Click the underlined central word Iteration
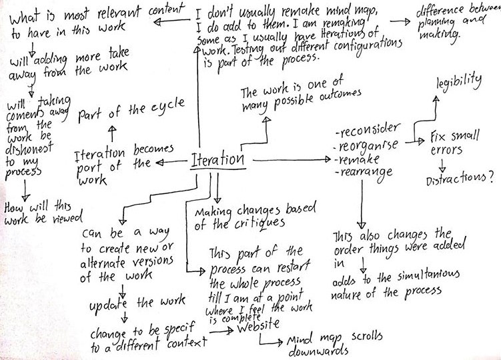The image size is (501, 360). coord(217,160)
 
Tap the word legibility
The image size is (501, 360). coord(459,83)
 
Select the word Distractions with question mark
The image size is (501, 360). coord(460,178)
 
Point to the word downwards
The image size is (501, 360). coord(318,351)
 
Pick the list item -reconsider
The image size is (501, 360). coord(368,129)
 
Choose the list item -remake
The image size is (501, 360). coord(357,159)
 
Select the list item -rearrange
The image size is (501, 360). coord(364,173)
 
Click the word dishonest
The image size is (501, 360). coord(29,148)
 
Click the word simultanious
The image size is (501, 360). coord(428,276)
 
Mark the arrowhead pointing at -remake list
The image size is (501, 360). coord(328,159)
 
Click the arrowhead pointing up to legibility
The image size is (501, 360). coord(436,100)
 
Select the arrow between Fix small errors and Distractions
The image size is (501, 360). coord(442,165)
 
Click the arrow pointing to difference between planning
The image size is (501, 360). coord(400,22)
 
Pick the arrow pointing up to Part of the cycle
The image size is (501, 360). coord(112,133)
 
